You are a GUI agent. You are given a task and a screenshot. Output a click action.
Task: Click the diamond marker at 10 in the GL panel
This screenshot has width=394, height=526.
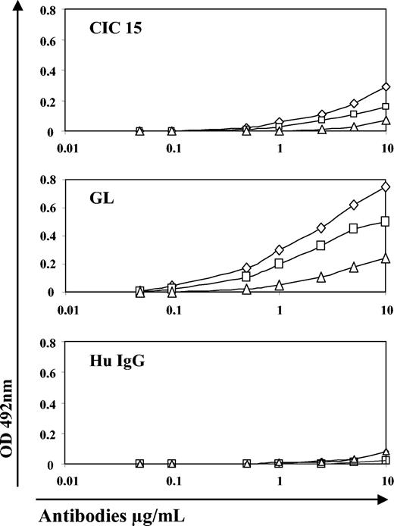point(386,186)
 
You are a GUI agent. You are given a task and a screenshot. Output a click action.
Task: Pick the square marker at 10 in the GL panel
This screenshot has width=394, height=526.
point(385,221)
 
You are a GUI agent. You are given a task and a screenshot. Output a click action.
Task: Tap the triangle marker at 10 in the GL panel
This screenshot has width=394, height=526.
point(385,258)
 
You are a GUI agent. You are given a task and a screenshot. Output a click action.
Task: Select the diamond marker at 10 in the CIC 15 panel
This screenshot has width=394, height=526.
point(386,86)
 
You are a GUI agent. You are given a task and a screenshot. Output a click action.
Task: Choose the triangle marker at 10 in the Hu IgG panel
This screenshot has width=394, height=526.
point(385,452)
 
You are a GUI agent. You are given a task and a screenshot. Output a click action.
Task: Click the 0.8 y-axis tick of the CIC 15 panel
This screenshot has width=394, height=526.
point(49,12)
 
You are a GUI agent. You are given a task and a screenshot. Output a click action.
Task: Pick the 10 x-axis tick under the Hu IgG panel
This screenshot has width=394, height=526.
point(385,481)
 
